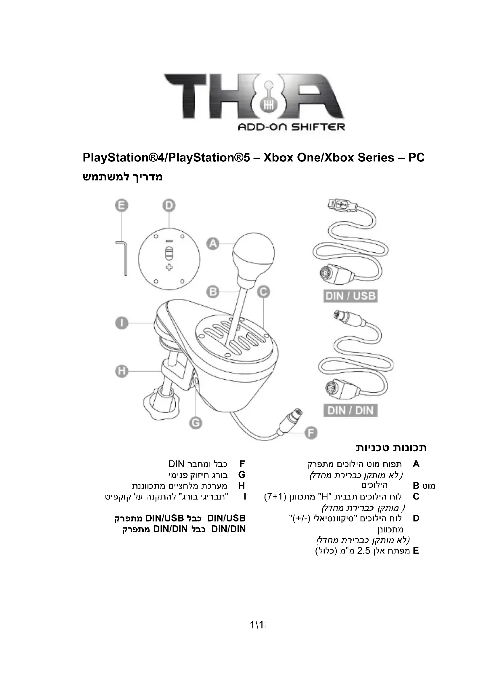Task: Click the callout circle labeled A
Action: pyautogui.click(x=213, y=243)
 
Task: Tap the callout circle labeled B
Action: pyautogui.click(x=213, y=292)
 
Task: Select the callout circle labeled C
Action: pyautogui.click(x=263, y=292)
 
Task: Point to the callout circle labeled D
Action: pyautogui.click(x=169, y=206)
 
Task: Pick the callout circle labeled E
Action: pyautogui.click(x=121, y=206)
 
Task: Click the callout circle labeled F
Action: pyautogui.click(x=310, y=434)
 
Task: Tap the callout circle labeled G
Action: pyautogui.click(x=196, y=423)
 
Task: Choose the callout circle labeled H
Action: pyautogui.click(x=121, y=371)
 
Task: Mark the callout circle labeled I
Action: pyautogui.click(x=121, y=323)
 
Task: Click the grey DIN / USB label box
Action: pyautogui.click(x=350, y=296)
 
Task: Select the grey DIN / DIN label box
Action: pyautogui.click(x=350, y=410)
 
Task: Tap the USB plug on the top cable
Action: pyautogui.click(x=341, y=205)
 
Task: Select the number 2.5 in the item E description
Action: pyautogui.click(x=363, y=551)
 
